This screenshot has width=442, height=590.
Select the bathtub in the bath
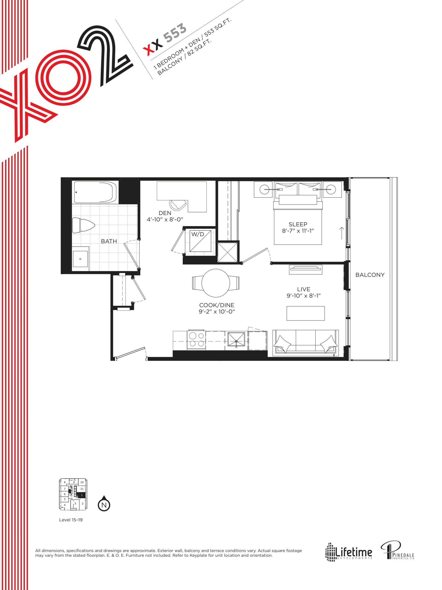click(x=95, y=192)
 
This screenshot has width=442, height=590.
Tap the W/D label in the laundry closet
click(x=198, y=235)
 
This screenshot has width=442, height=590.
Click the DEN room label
click(x=165, y=213)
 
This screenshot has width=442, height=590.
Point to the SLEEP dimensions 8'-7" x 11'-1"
click(x=298, y=231)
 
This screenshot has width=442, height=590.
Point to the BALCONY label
click(x=370, y=275)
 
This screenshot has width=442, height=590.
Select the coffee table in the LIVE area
click(x=305, y=313)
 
